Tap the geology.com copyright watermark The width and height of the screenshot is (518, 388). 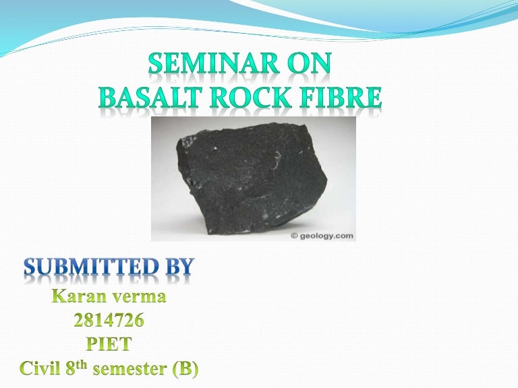tap(321, 235)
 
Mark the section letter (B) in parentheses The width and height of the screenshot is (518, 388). tap(188, 369)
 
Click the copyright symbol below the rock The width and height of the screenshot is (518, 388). tap(295, 236)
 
